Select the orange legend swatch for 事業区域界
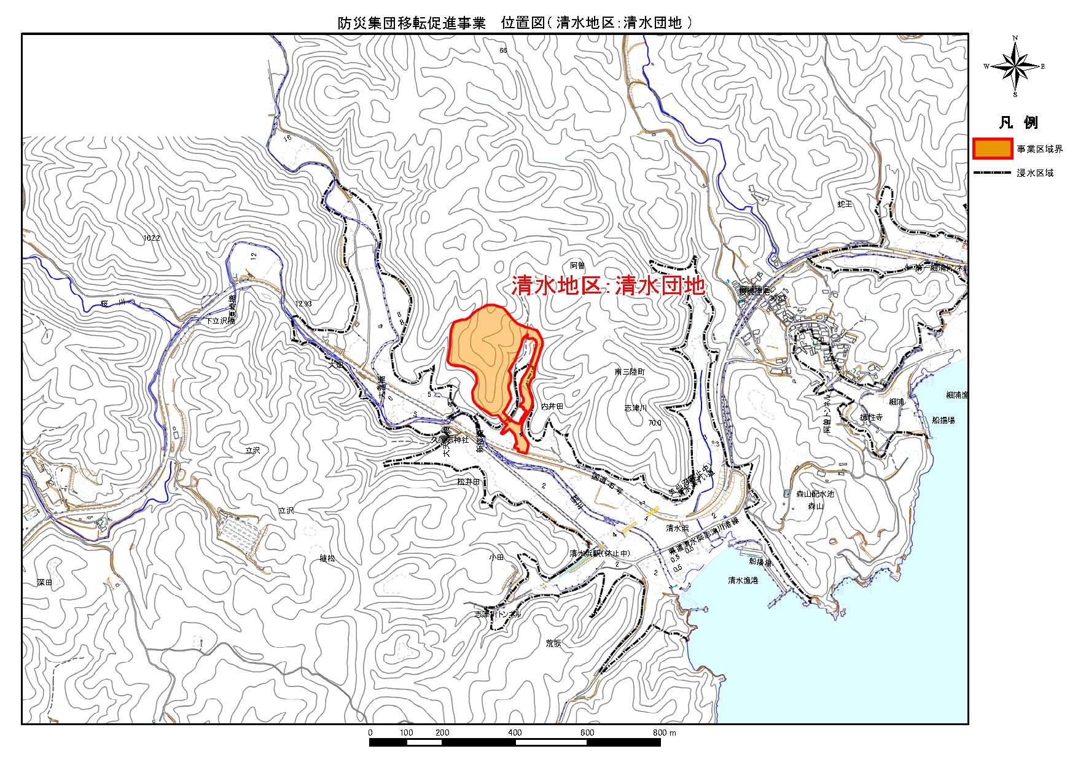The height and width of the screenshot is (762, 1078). click(x=993, y=149)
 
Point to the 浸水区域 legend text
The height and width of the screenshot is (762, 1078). click(x=1035, y=173)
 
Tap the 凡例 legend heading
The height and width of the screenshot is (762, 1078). click(x=1018, y=123)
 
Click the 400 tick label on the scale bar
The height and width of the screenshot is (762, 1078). click(x=515, y=733)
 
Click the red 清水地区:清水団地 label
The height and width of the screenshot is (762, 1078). click(x=608, y=287)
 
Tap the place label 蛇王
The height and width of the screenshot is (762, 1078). click(x=845, y=203)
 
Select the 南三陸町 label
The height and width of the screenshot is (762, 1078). click(x=630, y=372)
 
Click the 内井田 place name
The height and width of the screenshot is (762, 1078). click(x=552, y=406)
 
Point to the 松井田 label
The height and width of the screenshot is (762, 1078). click(x=468, y=482)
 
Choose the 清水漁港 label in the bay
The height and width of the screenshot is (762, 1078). click(x=743, y=580)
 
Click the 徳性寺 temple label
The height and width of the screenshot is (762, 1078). click(x=871, y=417)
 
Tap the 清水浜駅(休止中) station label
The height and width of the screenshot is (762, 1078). click(x=599, y=553)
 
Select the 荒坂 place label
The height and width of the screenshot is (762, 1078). click(x=553, y=643)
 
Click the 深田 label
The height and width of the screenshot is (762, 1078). click(x=45, y=582)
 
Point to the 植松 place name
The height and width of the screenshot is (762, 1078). click(x=327, y=558)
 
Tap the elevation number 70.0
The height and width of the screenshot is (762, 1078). click(x=654, y=422)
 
